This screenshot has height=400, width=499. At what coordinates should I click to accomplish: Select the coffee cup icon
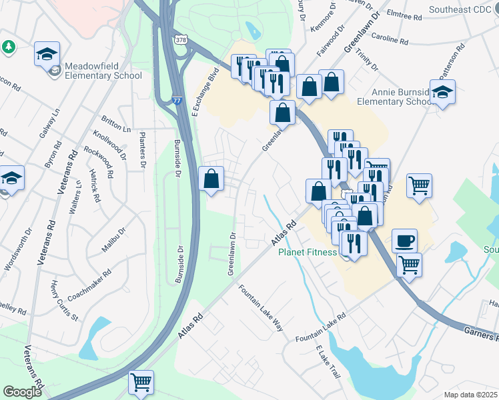[406, 240]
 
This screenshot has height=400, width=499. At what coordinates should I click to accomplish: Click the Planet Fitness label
[308, 253]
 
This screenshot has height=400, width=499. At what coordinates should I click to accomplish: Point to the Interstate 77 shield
[177, 97]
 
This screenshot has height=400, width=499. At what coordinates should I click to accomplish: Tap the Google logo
[22, 392]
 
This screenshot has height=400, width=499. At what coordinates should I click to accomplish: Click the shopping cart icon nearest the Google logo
[141, 382]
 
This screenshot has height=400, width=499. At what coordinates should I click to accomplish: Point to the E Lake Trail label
[329, 363]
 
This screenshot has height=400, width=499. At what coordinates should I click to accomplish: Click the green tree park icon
[9, 47]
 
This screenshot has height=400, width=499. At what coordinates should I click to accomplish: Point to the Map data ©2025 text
[471, 395]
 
